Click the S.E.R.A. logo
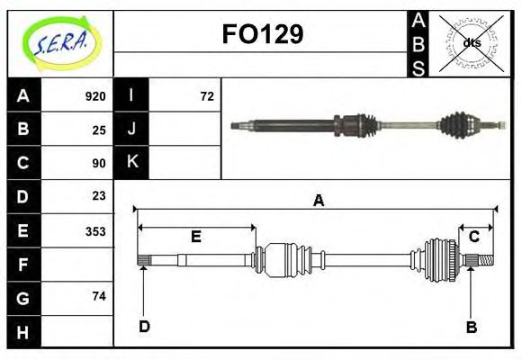[x=59, y=42]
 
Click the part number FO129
[x=262, y=35]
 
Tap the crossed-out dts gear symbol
[x=471, y=42]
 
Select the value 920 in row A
[x=95, y=96]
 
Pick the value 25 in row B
[x=99, y=130]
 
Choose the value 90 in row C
[x=99, y=163]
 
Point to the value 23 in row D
[x=99, y=196]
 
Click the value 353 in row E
[x=95, y=230]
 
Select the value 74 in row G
[x=99, y=296]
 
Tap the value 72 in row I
[x=207, y=96]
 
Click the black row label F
[x=22, y=265]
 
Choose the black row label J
[x=131, y=130]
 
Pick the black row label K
[x=131, y=163]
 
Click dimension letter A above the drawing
[x=318, y=202]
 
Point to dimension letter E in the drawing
[x=195, y=238]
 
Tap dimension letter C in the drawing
[x=473, y=238]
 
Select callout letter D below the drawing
[x=144, y=327]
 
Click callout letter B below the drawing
[x=471, y=327]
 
